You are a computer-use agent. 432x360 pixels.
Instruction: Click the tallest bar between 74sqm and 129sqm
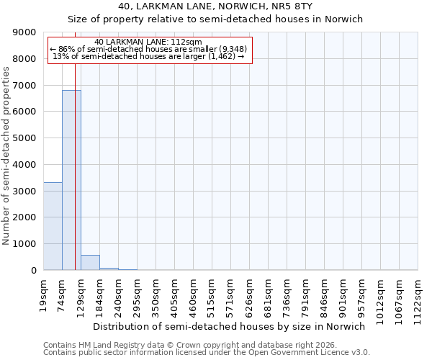pos(71,180)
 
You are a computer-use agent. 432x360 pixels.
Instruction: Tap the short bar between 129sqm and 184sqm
pos(90,263)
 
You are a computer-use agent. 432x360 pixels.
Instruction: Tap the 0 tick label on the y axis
pos(33,271)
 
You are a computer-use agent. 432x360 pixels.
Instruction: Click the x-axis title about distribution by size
pos(230,326)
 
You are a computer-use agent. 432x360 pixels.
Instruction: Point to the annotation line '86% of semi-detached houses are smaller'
pos(149,50)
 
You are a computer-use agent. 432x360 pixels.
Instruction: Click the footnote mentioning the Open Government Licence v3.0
pos(207,353)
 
